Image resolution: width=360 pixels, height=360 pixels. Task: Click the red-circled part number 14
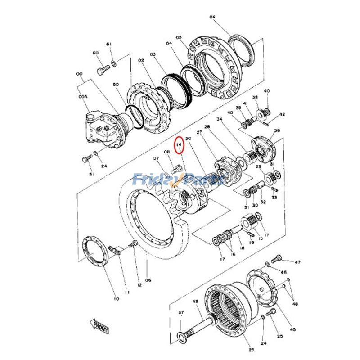pos(180,144)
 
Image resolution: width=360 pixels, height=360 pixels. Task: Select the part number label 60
pos(95,53)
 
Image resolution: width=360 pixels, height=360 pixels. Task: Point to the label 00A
pos(82,97)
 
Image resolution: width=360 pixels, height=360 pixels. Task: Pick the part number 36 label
pos(277,131)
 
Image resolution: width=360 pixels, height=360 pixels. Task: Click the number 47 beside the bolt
pos(297,261)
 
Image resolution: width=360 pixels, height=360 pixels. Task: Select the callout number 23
pos(251,350)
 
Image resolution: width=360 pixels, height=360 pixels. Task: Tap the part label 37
pos(181,312)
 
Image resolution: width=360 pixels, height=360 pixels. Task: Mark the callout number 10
pos(116,299)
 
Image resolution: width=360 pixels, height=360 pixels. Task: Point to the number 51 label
pos(92,174)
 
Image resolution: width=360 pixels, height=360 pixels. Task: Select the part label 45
pos(293,329)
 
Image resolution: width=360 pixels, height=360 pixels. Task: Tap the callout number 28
pos(207,127)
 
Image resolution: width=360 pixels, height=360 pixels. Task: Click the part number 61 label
pos(108,44)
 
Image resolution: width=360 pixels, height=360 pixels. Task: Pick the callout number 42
pos(282,115)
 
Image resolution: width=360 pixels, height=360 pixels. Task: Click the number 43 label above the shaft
pos(195,301)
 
